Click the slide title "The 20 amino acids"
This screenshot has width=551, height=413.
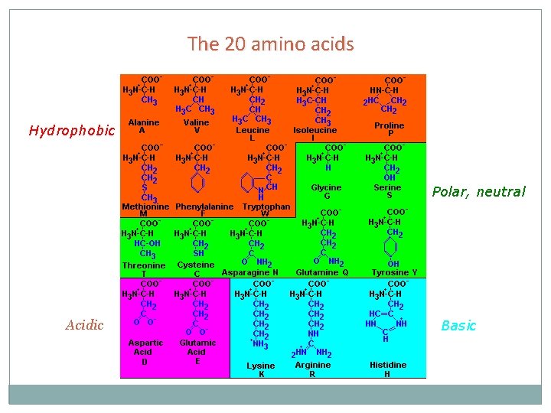271,44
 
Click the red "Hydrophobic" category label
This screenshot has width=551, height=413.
71,131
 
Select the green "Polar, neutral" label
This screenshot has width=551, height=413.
478,192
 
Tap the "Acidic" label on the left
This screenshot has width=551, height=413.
84,325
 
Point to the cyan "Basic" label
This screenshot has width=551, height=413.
458,326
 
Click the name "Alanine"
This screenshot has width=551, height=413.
144,122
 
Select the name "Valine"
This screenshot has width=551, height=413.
196,122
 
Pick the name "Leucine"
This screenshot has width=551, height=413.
252,131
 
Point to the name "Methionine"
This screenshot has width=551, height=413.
145,206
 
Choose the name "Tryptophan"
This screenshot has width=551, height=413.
266,206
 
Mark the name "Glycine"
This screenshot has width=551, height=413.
327,187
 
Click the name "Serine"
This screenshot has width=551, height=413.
387,187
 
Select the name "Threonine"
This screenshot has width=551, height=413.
144,265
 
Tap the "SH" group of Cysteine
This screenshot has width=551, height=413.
198,253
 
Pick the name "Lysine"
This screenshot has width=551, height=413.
260,366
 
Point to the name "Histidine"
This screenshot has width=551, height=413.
387,365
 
